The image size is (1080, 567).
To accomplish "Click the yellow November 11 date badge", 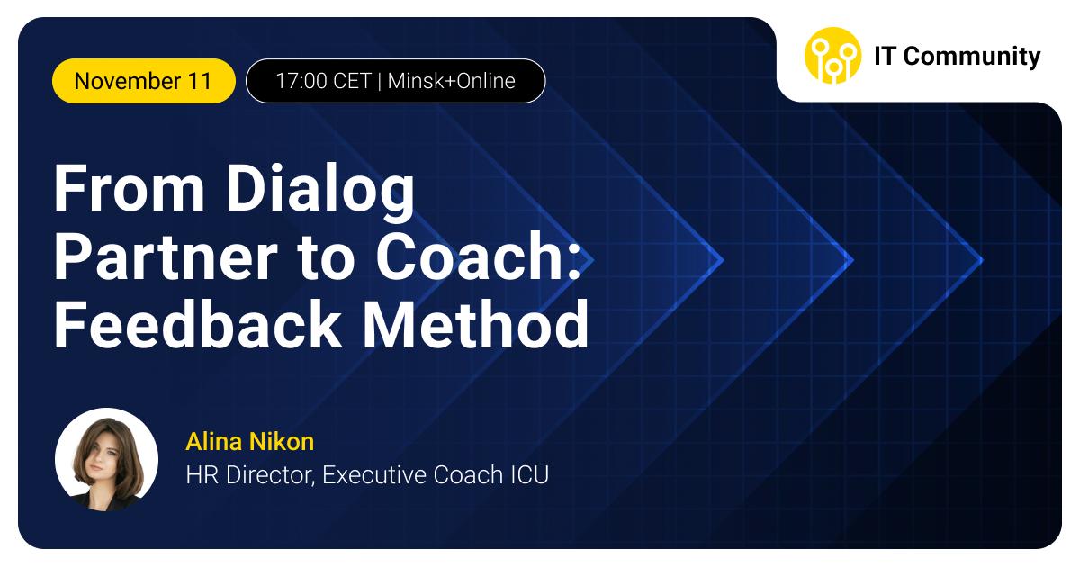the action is (x=144, y=81).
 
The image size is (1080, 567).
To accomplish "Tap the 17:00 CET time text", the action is (x=323, y=81).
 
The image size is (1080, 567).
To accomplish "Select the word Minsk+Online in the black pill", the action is (x=451, y=81).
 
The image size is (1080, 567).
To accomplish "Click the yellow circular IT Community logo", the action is (x=832, y=56).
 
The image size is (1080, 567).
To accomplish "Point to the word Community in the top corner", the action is (x=971, y=57).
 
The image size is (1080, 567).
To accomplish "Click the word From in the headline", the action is (x=130, y=188).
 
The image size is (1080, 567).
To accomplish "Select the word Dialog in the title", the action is (x=320, y=192).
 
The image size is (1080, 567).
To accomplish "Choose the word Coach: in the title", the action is (x=478, y=256).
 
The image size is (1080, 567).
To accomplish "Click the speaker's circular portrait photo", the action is (x=106, y=460).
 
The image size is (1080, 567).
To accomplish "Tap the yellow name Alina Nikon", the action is (x=250, y=442).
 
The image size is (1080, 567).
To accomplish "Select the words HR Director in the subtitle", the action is (x=251, y=475).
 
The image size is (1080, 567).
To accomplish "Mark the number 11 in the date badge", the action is (x=200, y=81).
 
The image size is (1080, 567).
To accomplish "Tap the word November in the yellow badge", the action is (x=127, y=81).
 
